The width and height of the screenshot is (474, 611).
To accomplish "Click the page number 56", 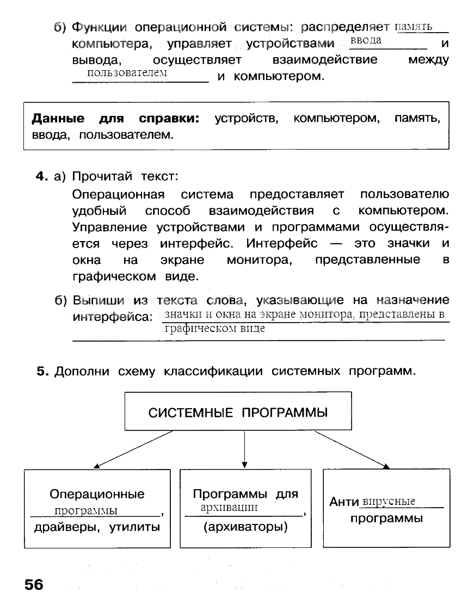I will (x=33, y=585).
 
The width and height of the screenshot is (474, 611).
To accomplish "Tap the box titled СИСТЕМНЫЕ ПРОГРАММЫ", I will (x=238, y=412).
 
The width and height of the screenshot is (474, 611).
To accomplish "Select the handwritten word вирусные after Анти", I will (x=389, y=501).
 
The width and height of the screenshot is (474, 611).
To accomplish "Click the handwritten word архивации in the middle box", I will (x=229, y=508).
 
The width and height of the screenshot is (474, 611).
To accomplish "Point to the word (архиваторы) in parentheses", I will (x=245, y=527).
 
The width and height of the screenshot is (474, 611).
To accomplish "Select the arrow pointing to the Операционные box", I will (x=133, y=449).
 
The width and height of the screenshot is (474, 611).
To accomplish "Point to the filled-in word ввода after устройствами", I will (x=366, y=41).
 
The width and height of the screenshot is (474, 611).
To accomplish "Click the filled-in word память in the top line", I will (x=413, y=26).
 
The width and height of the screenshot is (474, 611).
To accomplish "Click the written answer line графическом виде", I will (x=214, y=329).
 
